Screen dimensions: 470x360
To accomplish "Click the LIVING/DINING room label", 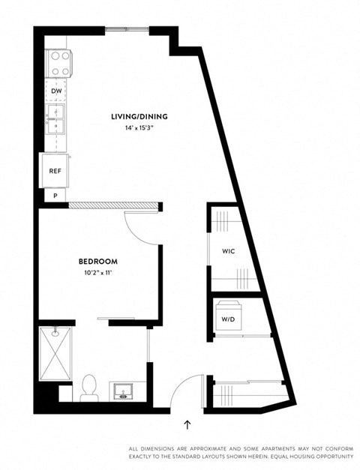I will (139, 116).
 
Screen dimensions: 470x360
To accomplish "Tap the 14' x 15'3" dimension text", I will (139, 127).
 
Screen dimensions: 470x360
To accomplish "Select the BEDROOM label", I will (98, 262).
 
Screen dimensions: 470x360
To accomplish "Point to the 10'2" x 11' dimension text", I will (98, 272).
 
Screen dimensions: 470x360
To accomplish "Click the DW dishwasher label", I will (56, 91).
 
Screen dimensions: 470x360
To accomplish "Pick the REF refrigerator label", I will (55, 171).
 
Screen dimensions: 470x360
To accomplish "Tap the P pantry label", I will (55, 195).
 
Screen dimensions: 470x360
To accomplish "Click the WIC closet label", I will (229, 251).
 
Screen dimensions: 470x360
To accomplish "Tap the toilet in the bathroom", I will (89, 387).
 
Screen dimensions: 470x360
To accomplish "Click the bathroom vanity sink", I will (121, 391).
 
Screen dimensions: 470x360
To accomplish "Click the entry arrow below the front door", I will (187, 424).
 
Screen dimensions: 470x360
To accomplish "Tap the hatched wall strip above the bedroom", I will (114, 205).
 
